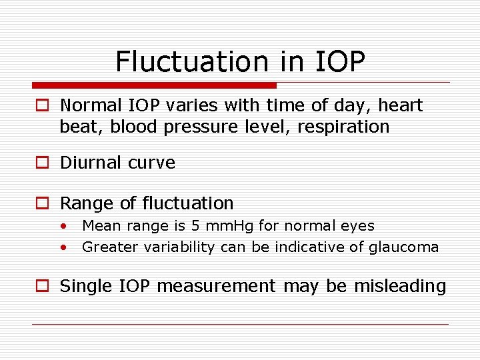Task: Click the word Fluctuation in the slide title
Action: pos(191,62)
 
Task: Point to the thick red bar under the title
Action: pos(154,85)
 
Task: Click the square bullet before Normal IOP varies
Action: pos(42,106)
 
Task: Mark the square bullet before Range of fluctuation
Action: pos(42,203)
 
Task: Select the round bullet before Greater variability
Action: pos(63,247)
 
